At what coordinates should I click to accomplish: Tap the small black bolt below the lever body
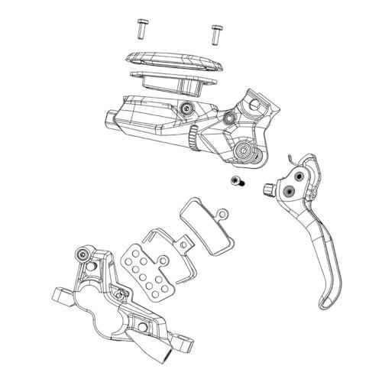(235, 181)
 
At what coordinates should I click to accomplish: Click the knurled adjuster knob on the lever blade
(269, 189)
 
